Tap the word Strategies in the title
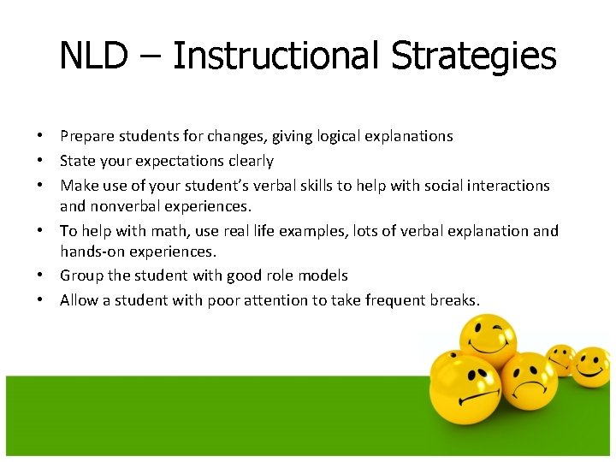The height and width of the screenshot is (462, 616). pos(474,56)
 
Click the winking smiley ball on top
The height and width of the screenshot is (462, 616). pos(488,341)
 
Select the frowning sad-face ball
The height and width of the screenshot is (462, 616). pos(528,382)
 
